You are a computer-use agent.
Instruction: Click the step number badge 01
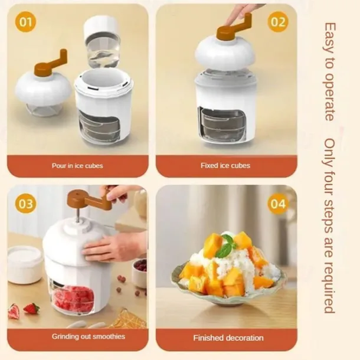[x=25, y=22]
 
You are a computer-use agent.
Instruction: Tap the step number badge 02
[x=278, y=22]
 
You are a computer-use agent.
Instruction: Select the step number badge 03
[x=25, y=204]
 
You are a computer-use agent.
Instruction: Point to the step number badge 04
[x=278, y=204]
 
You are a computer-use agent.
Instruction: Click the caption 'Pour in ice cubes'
[x=77, y=166]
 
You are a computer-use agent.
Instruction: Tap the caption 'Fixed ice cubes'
[x=225, y=165]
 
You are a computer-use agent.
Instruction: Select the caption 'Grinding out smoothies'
[x=89, y=336]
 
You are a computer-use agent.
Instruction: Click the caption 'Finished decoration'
[x=228, y=338]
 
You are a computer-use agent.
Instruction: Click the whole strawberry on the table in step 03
[x=31, y=308]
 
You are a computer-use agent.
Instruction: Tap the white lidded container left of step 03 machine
[x=25, y=264]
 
